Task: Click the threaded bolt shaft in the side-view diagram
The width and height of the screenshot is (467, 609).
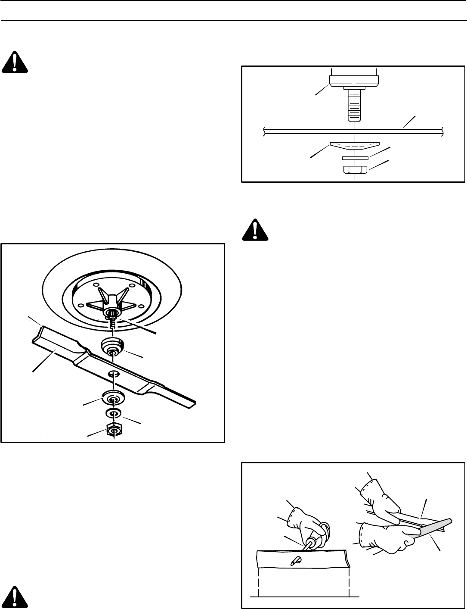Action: pos(353,106)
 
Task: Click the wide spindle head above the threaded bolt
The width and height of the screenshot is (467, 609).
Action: pos(353,81)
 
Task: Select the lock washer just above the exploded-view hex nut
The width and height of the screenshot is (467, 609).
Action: pos(114,414)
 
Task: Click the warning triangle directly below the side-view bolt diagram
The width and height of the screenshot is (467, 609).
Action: pos(255,230)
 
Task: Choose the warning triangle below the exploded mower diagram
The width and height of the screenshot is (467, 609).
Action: pos(15,597)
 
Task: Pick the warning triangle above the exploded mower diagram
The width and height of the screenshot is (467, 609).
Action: pos(15,62)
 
